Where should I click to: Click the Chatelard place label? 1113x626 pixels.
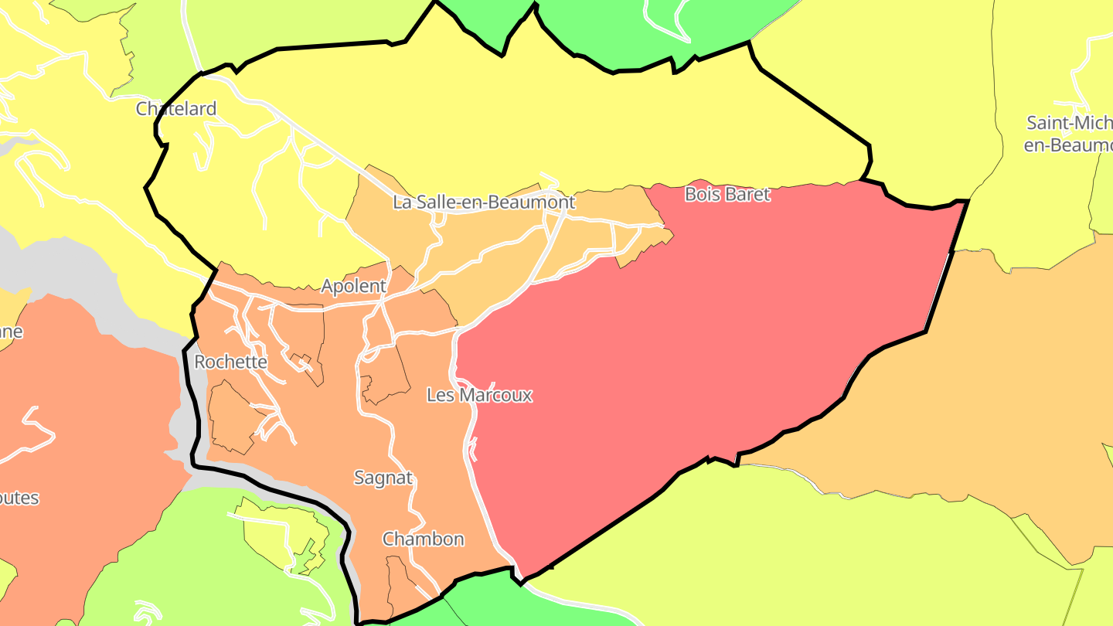point(176,109)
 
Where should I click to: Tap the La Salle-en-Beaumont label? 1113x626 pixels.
point(484,202)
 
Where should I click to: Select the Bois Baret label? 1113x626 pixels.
point(727,195)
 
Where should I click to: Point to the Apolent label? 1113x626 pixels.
point(353,287)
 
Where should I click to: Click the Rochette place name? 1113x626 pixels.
point(230,362)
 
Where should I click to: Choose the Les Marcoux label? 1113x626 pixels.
point(479,395)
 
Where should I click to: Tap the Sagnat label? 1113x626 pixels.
point(383,478)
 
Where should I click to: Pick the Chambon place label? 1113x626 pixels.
point(424,539)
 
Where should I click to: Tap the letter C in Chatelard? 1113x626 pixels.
point(142,109)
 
